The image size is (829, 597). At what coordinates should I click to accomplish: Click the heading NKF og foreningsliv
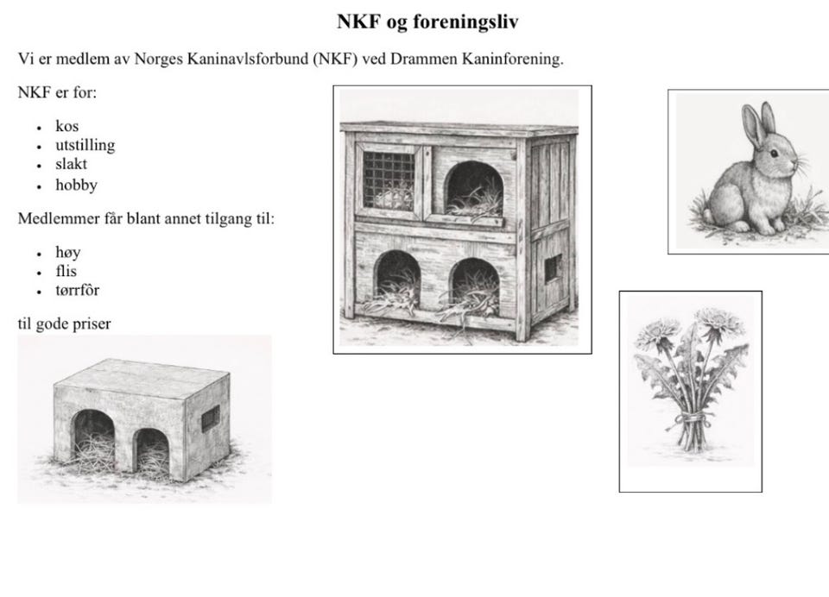[x=427, y=22]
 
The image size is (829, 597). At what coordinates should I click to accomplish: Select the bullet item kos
[x=66, y=127]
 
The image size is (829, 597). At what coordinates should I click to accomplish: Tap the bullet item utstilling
[x=85, y=145]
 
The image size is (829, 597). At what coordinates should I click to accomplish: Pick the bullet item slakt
[x=71, y=164]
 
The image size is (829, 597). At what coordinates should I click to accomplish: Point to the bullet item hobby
[x=76, y=185]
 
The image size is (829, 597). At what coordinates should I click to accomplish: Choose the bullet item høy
[x=67, y=253]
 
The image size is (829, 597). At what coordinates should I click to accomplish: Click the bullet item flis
[x=66, y=272]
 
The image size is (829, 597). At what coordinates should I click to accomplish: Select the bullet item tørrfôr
[x=77, y=291]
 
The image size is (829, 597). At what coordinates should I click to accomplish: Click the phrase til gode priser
[x=64, y=324]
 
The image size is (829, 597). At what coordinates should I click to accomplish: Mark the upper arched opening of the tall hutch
[x=473, y=187]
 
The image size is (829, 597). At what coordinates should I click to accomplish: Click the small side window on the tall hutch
[x=552, y=268]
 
